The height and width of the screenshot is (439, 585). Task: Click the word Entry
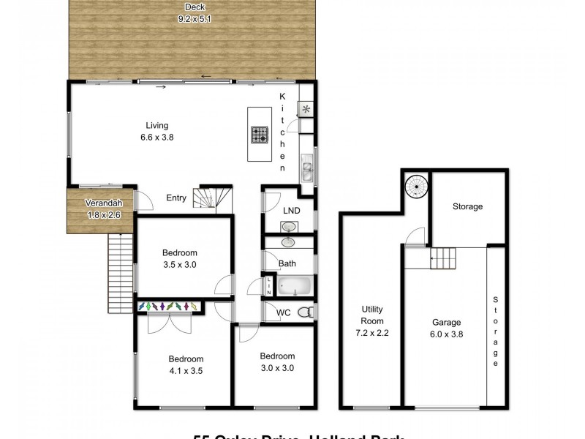click(x=176, y=198)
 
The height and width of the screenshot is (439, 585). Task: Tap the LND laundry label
click(x=290, y=210)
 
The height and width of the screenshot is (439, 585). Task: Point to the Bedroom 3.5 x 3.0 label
click(x=180, y=260)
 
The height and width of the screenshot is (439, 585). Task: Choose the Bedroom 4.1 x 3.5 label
click(x=186, y=364)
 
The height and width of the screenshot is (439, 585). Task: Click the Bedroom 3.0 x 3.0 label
click(x=276, y=362)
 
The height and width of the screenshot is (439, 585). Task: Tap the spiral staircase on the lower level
click(x=415, y=187)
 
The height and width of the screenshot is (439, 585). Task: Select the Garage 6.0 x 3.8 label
click(x=445, y=328)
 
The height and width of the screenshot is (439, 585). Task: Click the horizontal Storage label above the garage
click(x=467, y=206)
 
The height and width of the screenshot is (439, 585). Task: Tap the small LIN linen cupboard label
click(x=269, y=285)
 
